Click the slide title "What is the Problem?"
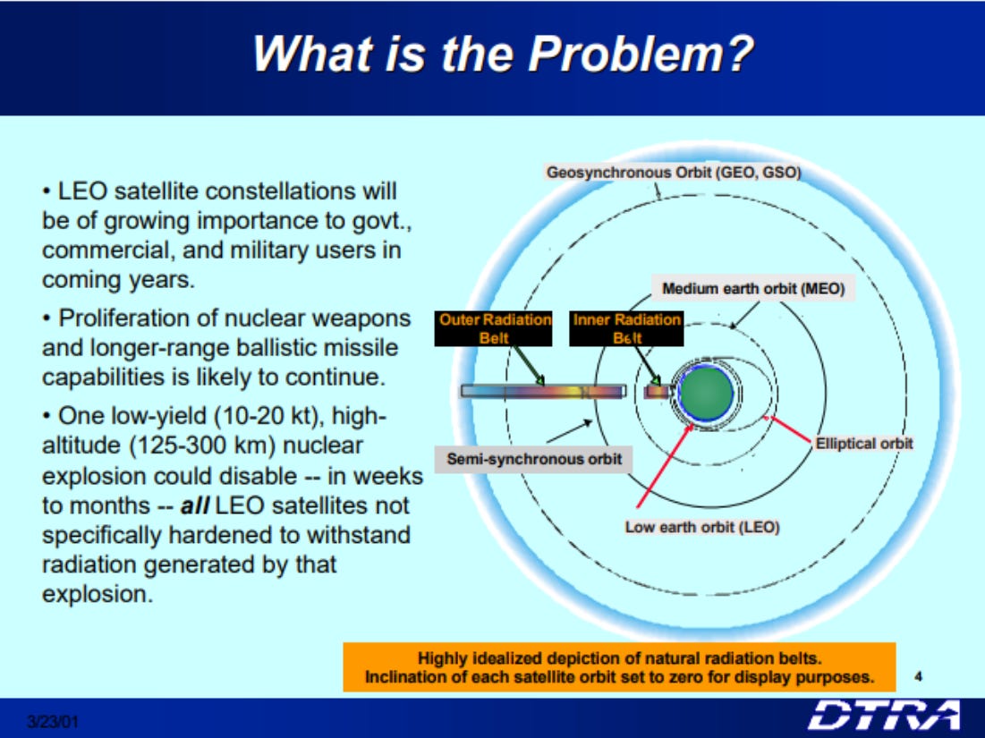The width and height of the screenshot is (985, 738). [x=503, y=54]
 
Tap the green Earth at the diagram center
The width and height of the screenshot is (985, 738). [x=707, y=394]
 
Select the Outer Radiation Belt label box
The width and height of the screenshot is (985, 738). [x=493, y=328]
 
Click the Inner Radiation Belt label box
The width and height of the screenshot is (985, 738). [x=626, y=328]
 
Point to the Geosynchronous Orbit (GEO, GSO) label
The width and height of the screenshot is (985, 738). [x=674, y=172]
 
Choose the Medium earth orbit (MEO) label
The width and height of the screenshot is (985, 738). [x=753, y=288]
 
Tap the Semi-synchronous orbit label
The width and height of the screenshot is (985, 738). [x=534, y=459]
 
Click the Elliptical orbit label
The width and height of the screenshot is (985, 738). [x=863, y=444]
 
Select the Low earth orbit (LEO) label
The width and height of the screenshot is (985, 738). [x=702, y=527]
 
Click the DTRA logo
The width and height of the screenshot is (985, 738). [x=885, y=716]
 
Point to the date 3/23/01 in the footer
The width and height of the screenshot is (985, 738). [x=53, y=721]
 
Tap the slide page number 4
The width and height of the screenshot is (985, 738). [x=919, y=676]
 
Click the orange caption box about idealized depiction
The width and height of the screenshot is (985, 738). [x=619, y=667]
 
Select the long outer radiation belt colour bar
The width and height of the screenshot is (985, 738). [x=544, y=391]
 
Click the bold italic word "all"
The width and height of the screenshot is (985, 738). [x=195, y=505]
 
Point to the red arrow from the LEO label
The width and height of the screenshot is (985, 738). [x=665, y=466]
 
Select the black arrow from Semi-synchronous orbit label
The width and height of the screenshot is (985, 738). [x=569, y=431]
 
